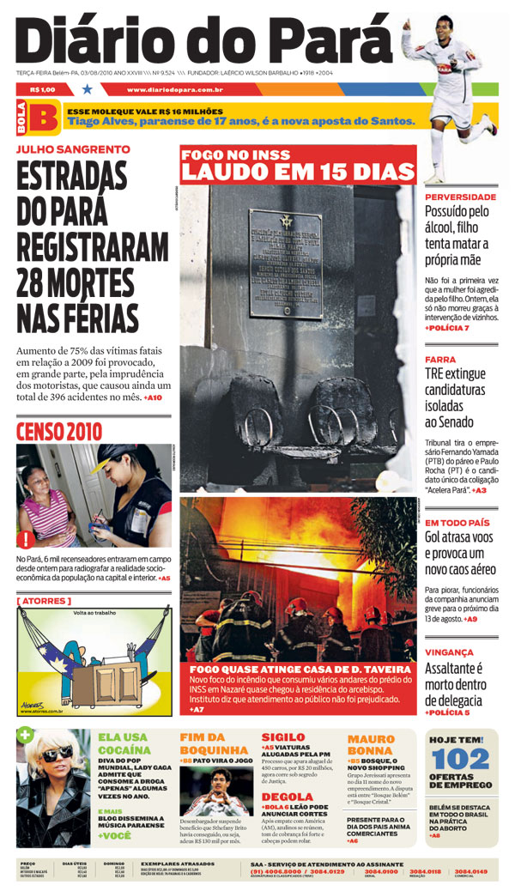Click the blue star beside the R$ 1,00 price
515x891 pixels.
pos(87,88)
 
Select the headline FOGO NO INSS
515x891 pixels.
pos(229,155)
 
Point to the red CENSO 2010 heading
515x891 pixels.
pos(58,431)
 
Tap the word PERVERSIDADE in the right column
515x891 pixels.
pos(460,197)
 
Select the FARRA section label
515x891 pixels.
pos(440,360)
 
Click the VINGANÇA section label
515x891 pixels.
pos(449,652)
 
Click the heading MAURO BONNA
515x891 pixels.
pos(371,744)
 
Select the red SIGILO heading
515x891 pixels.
pos(282,736)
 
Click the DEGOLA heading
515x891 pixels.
pos(286,797)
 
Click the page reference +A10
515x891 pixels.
pos(153,398)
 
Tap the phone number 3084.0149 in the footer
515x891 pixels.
pos(471,871)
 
